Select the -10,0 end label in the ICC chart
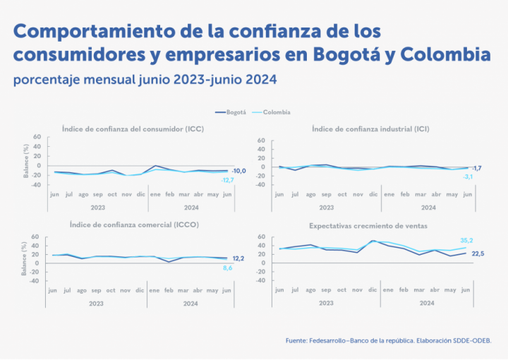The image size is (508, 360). (239, 171)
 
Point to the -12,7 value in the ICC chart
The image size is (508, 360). (227, 181)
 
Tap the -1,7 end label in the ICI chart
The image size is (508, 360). (477, 167)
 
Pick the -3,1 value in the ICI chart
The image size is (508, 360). (467, 176)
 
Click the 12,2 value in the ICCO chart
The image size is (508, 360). (239, 258)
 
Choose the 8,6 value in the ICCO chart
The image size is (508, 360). (226, 268)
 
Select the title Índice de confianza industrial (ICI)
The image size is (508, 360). (370, 129)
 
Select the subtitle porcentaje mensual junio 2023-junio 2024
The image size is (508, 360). (145, 79)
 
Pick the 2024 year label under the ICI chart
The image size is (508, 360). (428, 208)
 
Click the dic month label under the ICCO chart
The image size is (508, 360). (141, 290)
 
